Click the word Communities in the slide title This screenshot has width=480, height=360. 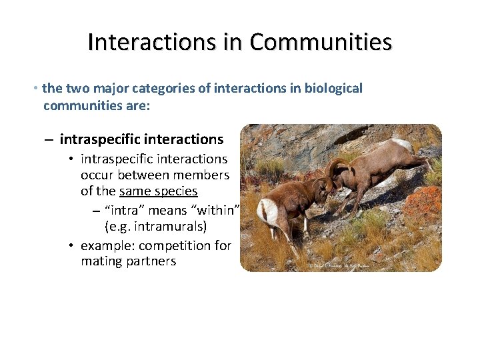[x=321, y=42]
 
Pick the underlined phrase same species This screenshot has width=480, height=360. [x=158, y=191]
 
